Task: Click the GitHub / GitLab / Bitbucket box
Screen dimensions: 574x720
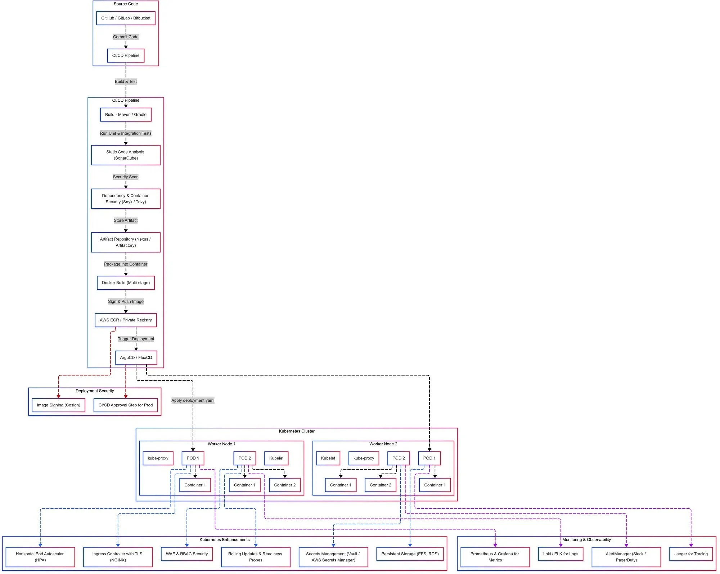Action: [x=126, y=18]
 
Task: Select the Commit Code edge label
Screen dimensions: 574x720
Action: [x=126, y=37]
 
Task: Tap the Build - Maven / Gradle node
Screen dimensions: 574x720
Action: [x=126, y=115]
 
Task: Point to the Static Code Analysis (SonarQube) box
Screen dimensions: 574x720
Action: [x=126, y=155]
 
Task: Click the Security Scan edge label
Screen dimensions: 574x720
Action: [x=126, y=177]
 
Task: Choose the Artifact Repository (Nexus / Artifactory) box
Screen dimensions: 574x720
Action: [x=126, y=242]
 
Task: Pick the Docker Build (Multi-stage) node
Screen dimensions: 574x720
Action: [x=126, y=283]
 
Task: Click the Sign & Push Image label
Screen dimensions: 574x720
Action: [x=126, y=302]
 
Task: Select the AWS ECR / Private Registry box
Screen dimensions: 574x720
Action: [x=126, y=320]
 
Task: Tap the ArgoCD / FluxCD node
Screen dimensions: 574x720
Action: [x=136, y=357]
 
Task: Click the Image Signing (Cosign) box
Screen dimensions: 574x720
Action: [x=59, y=405]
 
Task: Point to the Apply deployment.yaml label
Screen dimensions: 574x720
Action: [x=193, y=400]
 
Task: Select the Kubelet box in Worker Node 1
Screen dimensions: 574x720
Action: [x=276, y=458]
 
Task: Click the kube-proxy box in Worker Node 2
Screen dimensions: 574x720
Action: [x=364, y=458]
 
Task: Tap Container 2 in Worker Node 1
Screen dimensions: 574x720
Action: [x=285, y=485]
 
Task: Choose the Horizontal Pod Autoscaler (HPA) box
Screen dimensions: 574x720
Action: [x=40, y=557]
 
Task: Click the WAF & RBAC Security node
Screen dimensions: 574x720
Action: [x=187, y=554]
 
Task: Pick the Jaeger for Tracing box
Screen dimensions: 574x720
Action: [x=691, y=554]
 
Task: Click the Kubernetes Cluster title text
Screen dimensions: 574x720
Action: [x=297, y=431]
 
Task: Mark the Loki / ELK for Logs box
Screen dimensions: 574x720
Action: [x=561, y=554]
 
